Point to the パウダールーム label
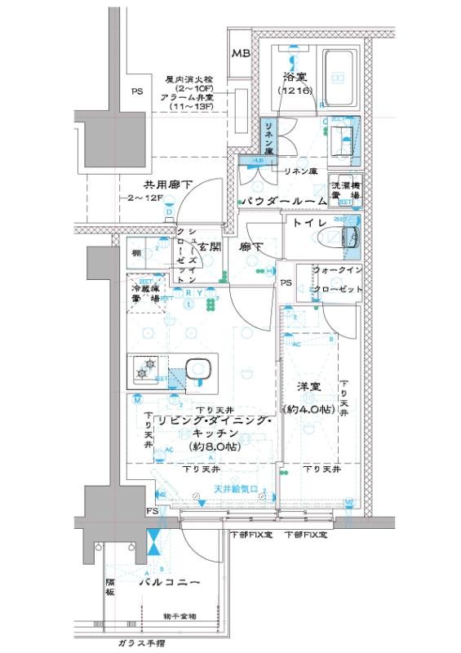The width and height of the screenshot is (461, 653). (283, 200)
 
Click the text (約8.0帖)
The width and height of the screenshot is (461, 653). (213, 448)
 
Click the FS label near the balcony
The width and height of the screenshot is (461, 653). (153, 511)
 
